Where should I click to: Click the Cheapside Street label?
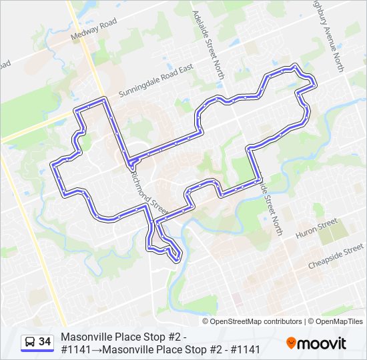334,259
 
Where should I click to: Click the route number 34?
45,341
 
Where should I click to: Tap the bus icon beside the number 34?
30,342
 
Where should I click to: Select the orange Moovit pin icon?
292,343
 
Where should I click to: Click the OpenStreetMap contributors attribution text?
256,321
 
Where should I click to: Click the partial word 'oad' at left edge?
5,65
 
